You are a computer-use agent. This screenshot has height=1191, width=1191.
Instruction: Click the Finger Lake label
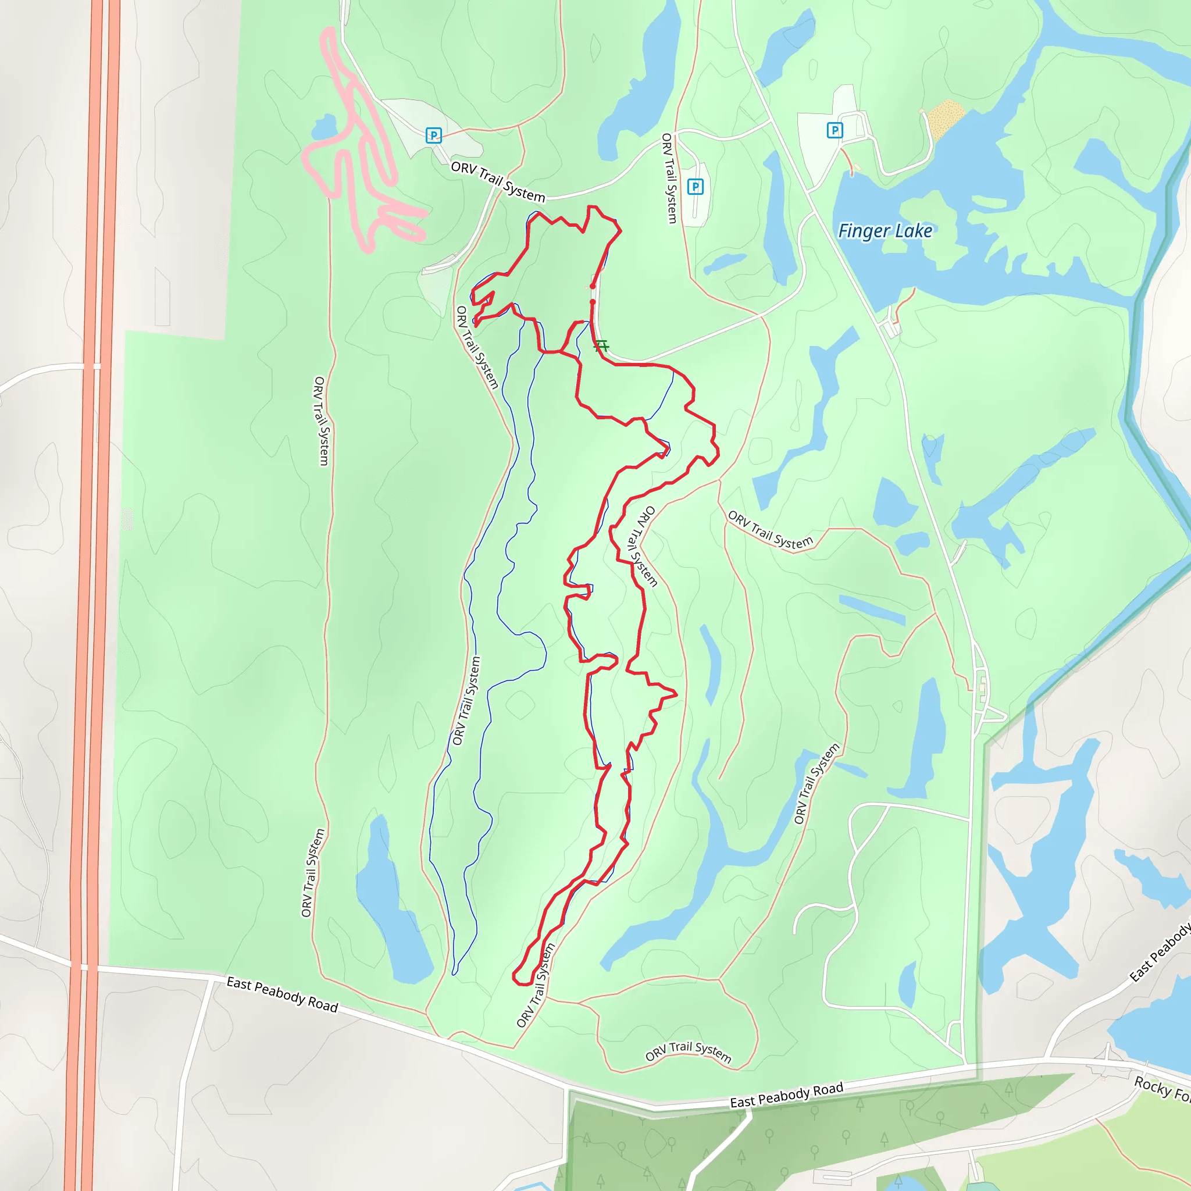pyautogui.click(x=885, y=231)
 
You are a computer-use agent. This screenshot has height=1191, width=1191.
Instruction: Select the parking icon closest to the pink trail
pyautogui.click(x=433, y=135)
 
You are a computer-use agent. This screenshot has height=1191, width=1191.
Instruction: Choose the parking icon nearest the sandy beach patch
pyautogui.click(x=834, y=130)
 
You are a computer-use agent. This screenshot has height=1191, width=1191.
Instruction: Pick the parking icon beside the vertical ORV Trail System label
pyautogui.click(x=696, y=186)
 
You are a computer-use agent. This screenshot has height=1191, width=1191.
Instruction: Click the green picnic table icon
pyautogui.click(x=602, y=346)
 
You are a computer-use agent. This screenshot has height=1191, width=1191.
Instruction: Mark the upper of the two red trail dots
pyautogui.click(x=593, y=286)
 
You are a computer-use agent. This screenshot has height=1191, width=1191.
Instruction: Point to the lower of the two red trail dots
pyautogui.click(x=593, y=302)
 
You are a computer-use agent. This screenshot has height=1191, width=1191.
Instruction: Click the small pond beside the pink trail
pyautogui.click(x=324, y=128)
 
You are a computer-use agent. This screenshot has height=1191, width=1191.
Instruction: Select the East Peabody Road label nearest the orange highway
pyautogui.click(x=282, y=994)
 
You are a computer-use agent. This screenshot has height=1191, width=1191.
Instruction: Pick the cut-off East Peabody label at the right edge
pyautogui.click(x=1161, y=953)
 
